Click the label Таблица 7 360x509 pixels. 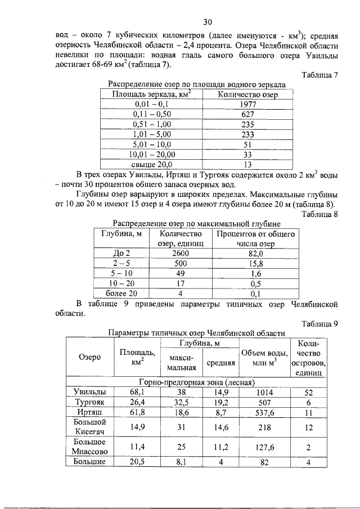click(x=319, y=74)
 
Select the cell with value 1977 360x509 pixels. click(x=247, y=104)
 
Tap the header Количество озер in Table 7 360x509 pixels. click(x=247, y=94)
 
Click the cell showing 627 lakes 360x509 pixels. click(x=247, y=114)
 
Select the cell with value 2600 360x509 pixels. click(x=180, y=254)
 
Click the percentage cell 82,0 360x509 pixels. click(x=256, y=254)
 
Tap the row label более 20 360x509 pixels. click(x=121, y=293)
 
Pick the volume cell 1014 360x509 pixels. click(x=264, y=392)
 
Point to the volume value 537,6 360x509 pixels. click(x=264, y=412)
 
